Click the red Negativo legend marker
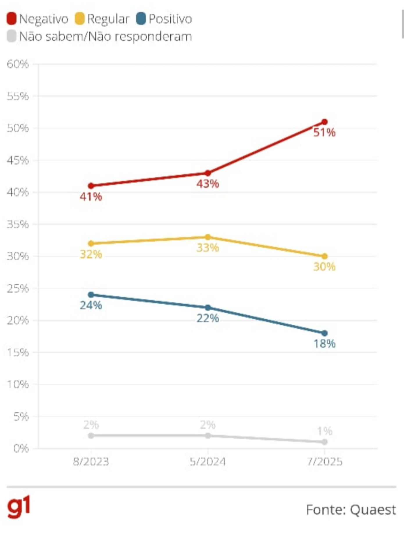pos(11,19)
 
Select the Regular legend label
pos(108,19)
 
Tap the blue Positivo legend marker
pos(141,19)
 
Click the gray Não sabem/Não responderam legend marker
pos(11,36)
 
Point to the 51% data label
pos(324,133)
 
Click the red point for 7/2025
pos(325,122)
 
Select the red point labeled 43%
pos(208,173)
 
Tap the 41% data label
pos(91,197)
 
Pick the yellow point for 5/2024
pos(208,237)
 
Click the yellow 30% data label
pos(324,267)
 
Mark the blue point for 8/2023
pos(91,295)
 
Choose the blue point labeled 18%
pos(325,333)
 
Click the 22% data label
pos(208,318)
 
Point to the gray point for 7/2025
pos(325,442)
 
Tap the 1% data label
pos(324,431)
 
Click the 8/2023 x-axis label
pos(91,462)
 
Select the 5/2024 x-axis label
pos(208,462)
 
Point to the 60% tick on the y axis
pos(18,64)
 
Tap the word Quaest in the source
pos(373,510)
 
